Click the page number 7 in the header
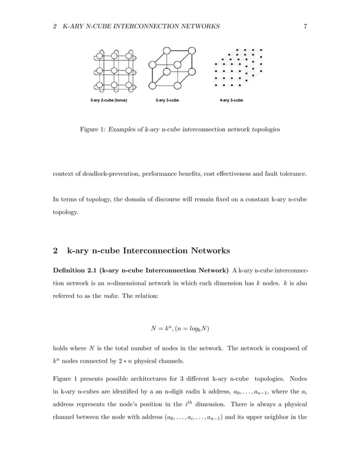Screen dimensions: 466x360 pos(305,27)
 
